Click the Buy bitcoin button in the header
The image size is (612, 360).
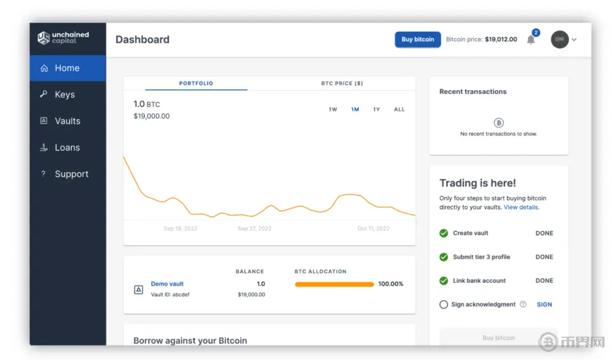418,39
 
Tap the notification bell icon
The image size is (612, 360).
531,40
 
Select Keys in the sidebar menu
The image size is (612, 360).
65,95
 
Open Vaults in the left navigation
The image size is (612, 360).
67,121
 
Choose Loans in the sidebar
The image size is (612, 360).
67,148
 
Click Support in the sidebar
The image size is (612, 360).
71,174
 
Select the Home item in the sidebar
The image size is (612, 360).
67,68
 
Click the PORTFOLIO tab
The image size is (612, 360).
196,83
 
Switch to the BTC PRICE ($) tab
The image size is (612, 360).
342,83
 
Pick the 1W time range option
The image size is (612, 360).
333,110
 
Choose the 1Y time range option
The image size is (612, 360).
376,110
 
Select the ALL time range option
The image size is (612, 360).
399,110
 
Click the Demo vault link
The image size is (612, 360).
167,284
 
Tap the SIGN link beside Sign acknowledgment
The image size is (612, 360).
544,305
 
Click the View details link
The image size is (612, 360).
521,207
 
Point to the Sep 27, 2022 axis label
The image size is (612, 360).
254,229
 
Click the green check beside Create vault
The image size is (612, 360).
444,233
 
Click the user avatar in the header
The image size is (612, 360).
560,40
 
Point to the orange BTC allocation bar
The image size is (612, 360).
334,284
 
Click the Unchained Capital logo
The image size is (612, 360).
63,38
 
